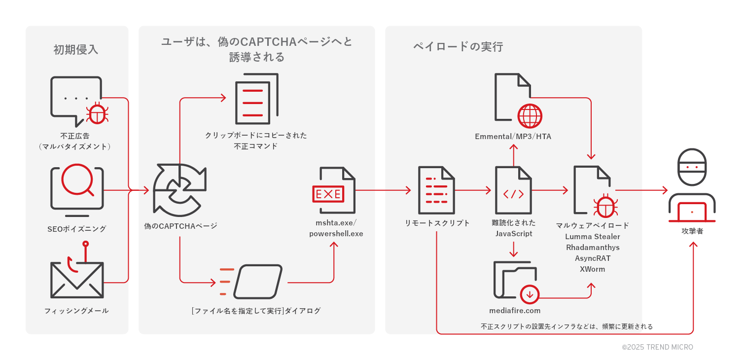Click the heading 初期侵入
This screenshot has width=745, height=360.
pyautogui.click(x=76, y=50)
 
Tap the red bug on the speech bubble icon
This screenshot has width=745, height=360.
pyautogui.click(x=97, y=114)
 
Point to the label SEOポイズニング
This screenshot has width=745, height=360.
pyautogui.click(x=77, y=229)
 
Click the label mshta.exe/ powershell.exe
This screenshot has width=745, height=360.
pyautogui.click(x=336, y=228)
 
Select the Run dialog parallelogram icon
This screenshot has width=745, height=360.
pyautogui.click(x=258, y=282)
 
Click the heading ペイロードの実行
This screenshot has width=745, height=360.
pyautogui.click(x=458, y=47)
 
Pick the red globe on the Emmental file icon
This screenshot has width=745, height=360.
pyautogui.click(x=530, y=116)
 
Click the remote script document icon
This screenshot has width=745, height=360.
pyautogui.click(x=436, y=190)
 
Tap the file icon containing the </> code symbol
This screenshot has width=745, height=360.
pyautogui.click(x=513, y=190)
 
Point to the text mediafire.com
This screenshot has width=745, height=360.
pyautogui.click(x=514, y=311)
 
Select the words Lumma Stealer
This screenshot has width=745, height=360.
pyautogui.click(x=593, y=237)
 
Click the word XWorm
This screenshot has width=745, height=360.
pyautogui.click(x=593, y=269)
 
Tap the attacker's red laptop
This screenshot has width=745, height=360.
pyautogui.click(x=692, y=212)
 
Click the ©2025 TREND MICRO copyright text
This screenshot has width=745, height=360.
pyautogui.click(x=657, y=347)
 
